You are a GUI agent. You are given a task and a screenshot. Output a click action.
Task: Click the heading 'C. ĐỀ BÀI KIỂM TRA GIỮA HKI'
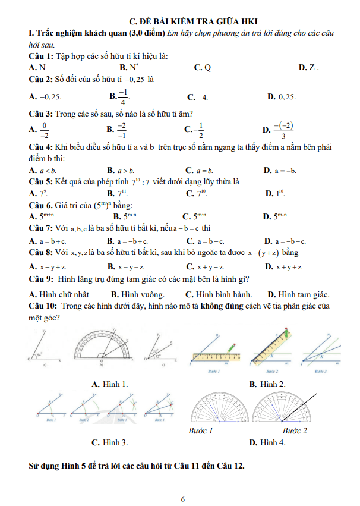pos(180,20)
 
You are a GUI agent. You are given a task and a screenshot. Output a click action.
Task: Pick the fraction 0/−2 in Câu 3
pos(44,130)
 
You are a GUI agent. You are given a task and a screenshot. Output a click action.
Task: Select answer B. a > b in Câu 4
pos(121,171)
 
